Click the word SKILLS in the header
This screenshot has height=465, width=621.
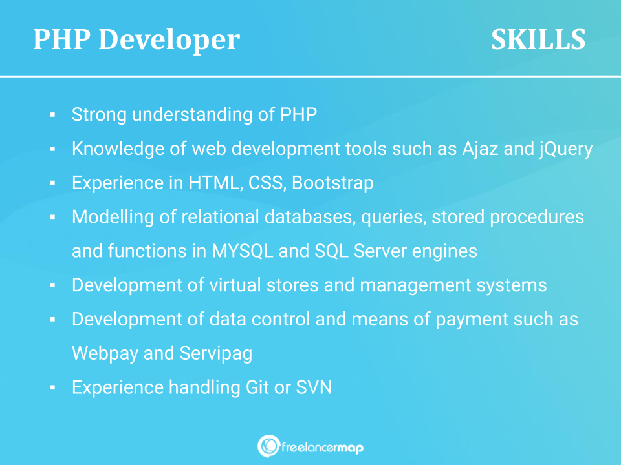(538, 39)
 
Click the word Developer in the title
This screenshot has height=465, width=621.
(169, 40)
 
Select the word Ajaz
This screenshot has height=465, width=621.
(480, 149)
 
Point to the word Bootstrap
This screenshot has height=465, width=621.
(332, 183)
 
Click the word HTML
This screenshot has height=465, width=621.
(215, 183)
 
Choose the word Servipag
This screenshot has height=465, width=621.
(216, 354)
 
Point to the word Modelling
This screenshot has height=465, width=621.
(113, 217)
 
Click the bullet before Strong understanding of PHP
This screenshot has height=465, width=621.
(52, 115)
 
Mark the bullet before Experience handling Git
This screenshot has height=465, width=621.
(52, 387)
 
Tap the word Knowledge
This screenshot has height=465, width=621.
(118, 149)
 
